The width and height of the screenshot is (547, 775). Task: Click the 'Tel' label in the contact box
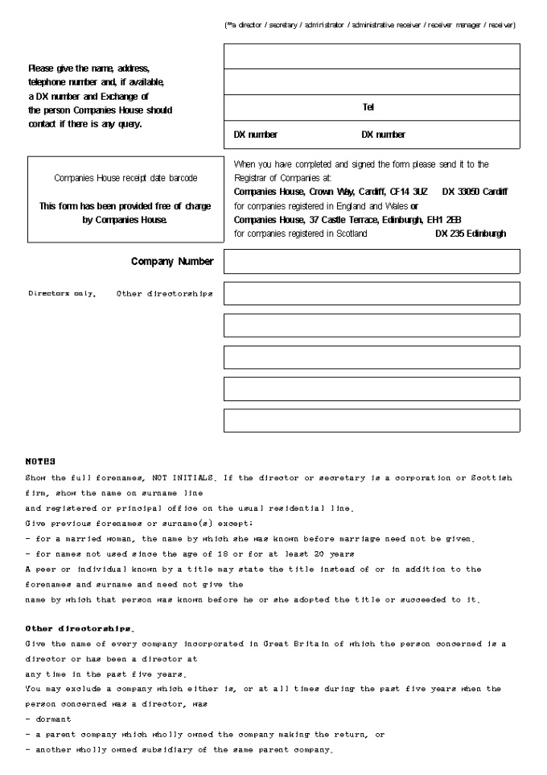tap(368, 108)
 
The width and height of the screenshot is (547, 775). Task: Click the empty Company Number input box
tap(372, 262)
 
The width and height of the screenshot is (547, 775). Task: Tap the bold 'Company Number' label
tap(172, 262)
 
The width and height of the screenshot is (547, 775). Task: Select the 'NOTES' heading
tap(40, 462)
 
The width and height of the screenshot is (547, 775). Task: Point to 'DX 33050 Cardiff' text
tap(475, 193)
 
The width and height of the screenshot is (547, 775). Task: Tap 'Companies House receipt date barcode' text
tap(125, 178)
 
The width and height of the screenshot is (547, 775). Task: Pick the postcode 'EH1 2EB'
tap(440, 220)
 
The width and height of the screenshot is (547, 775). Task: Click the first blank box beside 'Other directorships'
tap(372, 293)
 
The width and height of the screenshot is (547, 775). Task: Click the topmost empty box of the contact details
tap(372, 56)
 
